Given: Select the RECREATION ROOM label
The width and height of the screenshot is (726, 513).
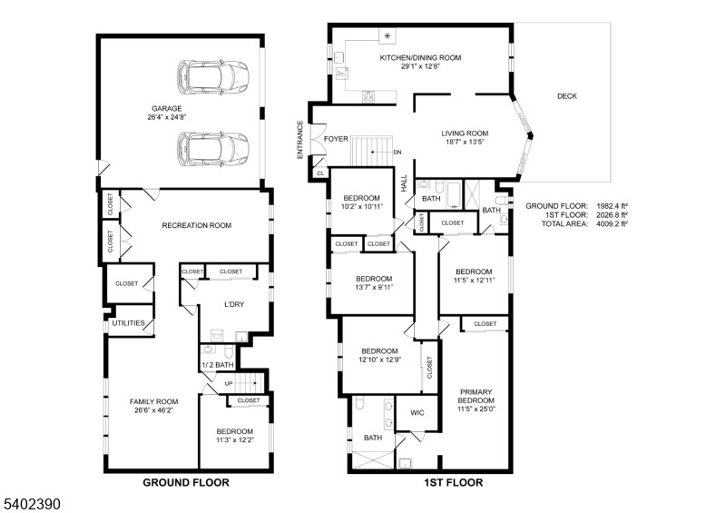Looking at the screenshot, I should pyautogui.click(x=196, y=225).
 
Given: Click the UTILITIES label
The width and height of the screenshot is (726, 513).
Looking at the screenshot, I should pyautogui.click(x=129, y=322).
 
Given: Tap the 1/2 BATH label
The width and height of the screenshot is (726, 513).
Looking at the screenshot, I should pyautogui.click(x=217, y=365).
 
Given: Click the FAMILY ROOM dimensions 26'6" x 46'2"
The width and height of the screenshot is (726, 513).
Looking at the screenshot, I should pyautogui.click(x=153, y=410).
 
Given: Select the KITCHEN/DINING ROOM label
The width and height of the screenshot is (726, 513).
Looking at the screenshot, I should pyautogui.click(x=420, y=57).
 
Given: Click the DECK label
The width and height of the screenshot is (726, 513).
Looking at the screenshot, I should pyautogui.click(x=566, y=95).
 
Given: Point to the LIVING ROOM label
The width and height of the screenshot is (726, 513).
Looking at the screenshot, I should pyautogui.click(x=465, y=133).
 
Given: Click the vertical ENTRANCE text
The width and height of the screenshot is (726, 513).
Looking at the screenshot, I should pyautogui.click(x=299, y=140).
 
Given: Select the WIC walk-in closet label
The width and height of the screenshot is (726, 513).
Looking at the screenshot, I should pyautogui.click(x=417, y=412).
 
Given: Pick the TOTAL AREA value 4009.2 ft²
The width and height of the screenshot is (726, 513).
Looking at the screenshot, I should pyautogui.click(x=609, y=223).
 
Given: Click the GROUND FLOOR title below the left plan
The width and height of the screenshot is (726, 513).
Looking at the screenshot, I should pyautogui.click(x=185, y=482).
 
